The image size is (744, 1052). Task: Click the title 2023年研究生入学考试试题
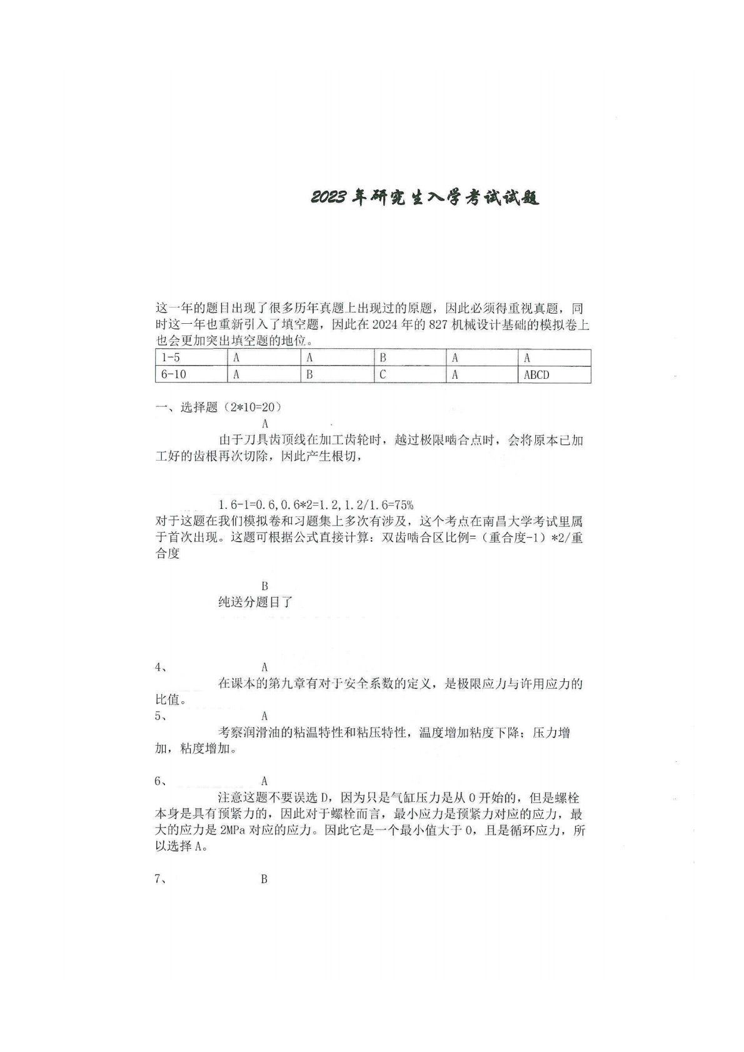[x=425, y=198]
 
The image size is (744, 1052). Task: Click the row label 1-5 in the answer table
[x=171, y=358]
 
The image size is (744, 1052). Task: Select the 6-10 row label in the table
[x=173, y=375]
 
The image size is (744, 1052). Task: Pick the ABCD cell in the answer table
[x=536, y=375]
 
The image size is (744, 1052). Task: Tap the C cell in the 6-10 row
[x=383, y=375]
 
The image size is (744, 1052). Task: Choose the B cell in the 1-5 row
[x=383, y=358]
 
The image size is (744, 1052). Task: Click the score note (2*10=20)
[x=251, y=408]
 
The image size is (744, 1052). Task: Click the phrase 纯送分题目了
[x=255, y=603]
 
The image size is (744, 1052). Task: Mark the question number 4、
[x=161, y=667]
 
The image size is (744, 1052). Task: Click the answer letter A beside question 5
[x=264, y=716]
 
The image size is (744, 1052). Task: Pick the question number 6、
[x=161, y=781]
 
